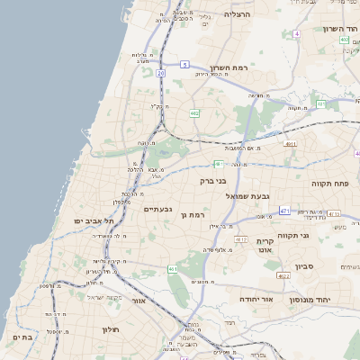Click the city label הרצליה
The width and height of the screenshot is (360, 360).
coord(237,14)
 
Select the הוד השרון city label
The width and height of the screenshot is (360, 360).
coord(340,29)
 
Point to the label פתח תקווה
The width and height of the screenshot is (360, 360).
coord(336,183)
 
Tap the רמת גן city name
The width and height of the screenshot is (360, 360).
coord(193,215)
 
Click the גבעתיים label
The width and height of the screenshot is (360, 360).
coord(157,209)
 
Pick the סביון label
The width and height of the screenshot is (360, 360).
coord(302,266)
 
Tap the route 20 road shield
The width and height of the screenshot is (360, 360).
coord(160,73)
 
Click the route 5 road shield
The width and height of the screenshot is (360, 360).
coord(184,64)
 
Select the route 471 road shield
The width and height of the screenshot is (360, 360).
coord(284,211)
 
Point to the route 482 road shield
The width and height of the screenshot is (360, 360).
coord(194,113)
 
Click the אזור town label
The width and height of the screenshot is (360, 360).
coord(139,301)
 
